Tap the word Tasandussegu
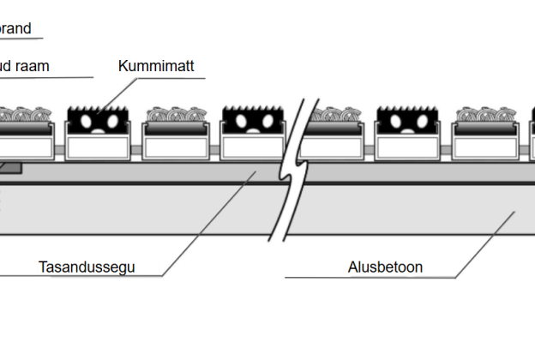click(x=87, y=267)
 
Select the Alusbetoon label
click(x=385, y=267)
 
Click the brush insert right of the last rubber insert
click(x=484, y=117)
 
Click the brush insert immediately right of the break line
click(x=334, y=117)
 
